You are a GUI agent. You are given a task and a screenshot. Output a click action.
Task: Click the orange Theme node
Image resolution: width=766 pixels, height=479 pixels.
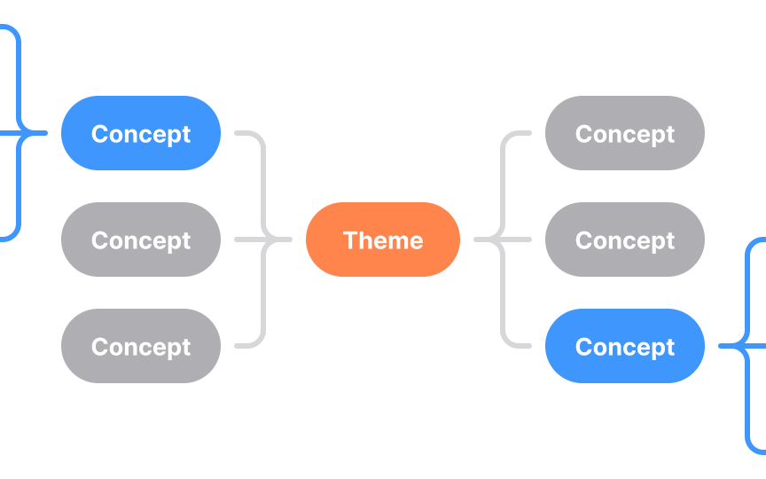coord(383,239)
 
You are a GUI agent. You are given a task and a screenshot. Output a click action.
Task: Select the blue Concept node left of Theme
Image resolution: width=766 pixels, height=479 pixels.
coord(140,133)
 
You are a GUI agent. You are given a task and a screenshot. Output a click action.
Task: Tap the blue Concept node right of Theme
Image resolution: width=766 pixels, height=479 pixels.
coord(624,346)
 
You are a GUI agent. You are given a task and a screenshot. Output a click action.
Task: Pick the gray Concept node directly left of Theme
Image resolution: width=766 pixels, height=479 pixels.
coord(140,239)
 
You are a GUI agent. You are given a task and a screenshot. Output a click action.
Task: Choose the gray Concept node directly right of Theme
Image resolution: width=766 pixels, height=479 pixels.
coord(624,239)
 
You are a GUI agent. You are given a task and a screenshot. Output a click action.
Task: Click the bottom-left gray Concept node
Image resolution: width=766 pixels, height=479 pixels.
coord(140,346)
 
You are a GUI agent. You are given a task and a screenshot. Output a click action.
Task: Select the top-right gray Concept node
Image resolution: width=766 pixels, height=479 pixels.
coord(624,133)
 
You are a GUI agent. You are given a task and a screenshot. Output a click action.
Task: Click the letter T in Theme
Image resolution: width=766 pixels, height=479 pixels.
coord(349,240)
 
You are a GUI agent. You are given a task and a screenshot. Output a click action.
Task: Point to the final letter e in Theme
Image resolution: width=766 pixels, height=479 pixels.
coord(416,241)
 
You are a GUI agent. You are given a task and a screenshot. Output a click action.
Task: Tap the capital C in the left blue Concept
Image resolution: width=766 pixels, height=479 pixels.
coord(99,134)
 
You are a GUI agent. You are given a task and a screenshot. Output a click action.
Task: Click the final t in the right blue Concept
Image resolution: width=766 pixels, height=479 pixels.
coord(669,347)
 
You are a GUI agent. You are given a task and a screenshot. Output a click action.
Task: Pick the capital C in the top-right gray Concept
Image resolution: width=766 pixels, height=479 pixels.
coord(583,134)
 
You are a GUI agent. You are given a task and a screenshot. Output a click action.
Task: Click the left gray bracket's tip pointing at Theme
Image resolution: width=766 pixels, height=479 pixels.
coord(288,239)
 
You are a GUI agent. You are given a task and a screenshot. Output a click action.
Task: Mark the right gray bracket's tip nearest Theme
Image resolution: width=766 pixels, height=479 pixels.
coord(478,239)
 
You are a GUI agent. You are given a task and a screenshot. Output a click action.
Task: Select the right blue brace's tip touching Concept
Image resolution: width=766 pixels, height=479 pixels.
coord(721,346)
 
